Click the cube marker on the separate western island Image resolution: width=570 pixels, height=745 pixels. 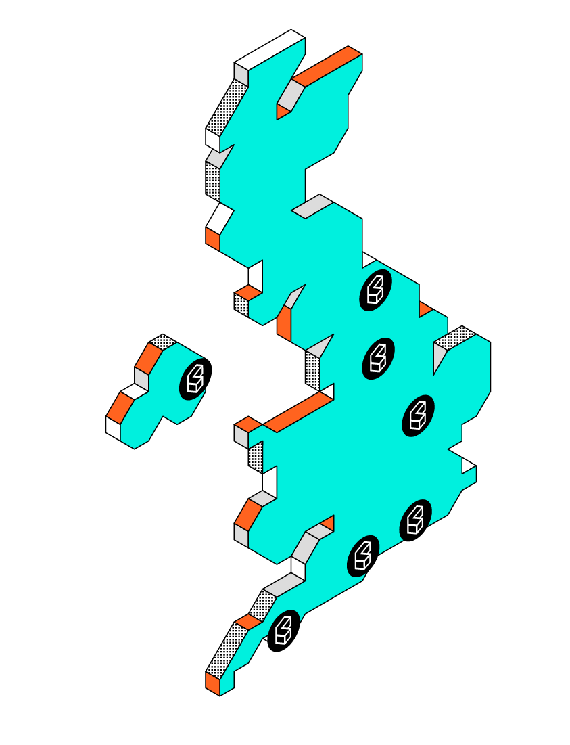pos(195,379)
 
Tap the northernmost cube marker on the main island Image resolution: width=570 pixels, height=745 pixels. pos(376,290)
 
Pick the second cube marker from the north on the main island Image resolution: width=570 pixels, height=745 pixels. pos(379,358)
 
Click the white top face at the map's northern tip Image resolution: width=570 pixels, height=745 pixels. pos(270,50)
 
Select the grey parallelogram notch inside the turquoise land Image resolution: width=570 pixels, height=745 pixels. pos(312,206)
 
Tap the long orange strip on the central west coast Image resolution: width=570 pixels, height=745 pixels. pos(298,412)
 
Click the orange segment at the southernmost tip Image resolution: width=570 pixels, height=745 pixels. pos(213,682)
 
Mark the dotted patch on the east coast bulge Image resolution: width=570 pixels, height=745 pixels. pos(454,337)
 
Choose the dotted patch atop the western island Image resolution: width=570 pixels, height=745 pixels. pos(163,342)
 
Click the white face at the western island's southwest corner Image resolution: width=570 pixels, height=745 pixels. pos(113,428)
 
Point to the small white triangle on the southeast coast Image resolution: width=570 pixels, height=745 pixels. pos(467,466)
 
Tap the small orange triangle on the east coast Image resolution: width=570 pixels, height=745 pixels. pos(425,309)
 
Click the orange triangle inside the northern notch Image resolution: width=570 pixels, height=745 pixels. pos(283,112)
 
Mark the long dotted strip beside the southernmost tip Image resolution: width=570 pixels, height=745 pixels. pos(226,650)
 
